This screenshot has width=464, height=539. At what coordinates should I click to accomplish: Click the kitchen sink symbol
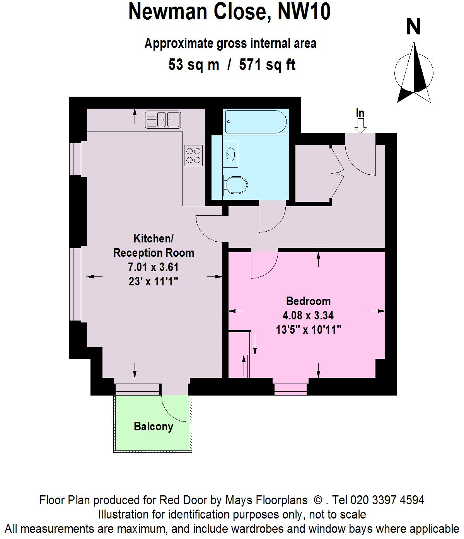pos(163,119)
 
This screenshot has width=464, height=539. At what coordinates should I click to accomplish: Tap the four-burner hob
pos(193,155)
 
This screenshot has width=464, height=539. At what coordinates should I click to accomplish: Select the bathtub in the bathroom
pos(256,121)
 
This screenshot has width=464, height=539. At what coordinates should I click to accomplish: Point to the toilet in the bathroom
pos(235,185)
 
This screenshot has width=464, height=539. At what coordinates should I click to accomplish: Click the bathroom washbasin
pos(230,154)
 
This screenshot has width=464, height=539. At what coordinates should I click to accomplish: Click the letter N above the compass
pos(413,27)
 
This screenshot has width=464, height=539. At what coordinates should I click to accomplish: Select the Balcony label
pos(153,426)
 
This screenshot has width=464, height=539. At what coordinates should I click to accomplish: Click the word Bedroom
pos(308,301)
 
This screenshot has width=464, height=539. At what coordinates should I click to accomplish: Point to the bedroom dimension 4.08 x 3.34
pos(308,316)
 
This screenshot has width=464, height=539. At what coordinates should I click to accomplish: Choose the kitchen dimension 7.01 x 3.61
pos(153,267)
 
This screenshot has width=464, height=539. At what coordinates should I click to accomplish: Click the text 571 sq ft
pos(267,65)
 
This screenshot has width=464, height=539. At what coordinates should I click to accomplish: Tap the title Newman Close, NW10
pos(229,12)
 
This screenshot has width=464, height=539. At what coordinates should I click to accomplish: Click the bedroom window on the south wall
pos(290,389)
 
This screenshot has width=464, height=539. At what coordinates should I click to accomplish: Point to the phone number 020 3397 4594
pos(387,500)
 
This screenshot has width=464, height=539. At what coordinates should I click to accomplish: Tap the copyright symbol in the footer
pos(318,500)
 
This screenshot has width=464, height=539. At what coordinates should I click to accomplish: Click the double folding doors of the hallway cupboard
pos(337,173)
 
